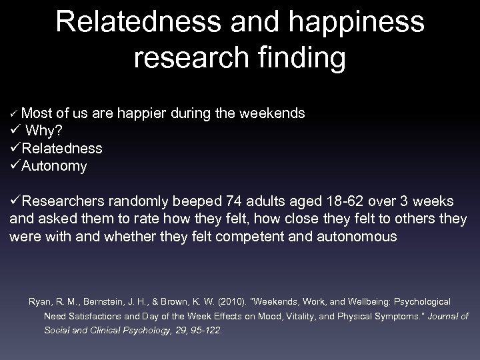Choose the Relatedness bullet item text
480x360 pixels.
(x=61, y=148)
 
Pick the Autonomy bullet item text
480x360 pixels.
(x=54, y=165)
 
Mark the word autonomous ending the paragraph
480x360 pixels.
(x=359, y=235)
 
